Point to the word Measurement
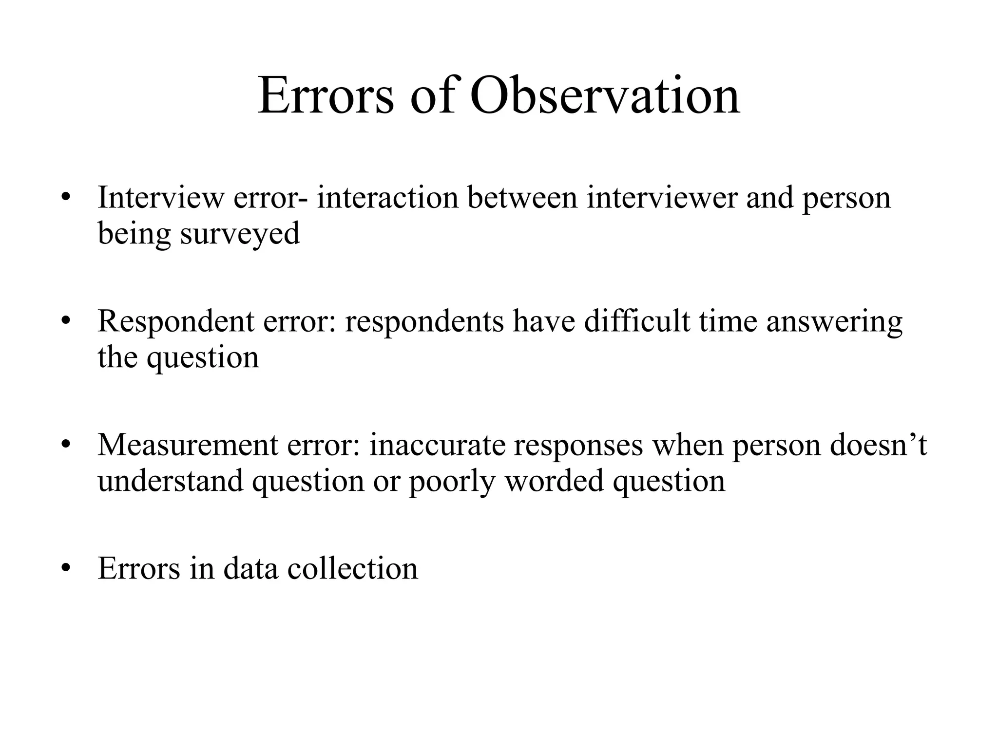[188, 445]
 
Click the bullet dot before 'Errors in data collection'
[67, 568]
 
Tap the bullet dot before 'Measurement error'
[67, 445]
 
